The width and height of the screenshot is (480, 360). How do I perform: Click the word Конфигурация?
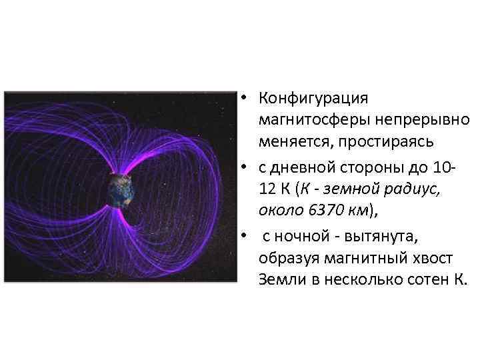[x=313, y=99]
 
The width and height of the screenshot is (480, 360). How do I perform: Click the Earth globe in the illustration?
[x=121, y=189]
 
